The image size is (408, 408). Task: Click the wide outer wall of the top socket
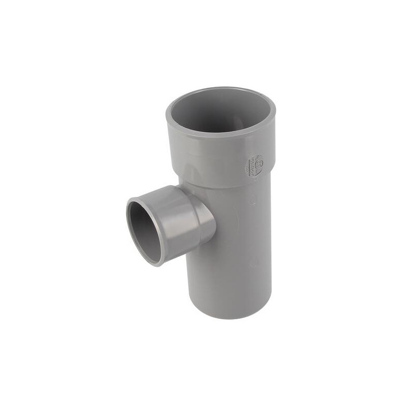[204, 153]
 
